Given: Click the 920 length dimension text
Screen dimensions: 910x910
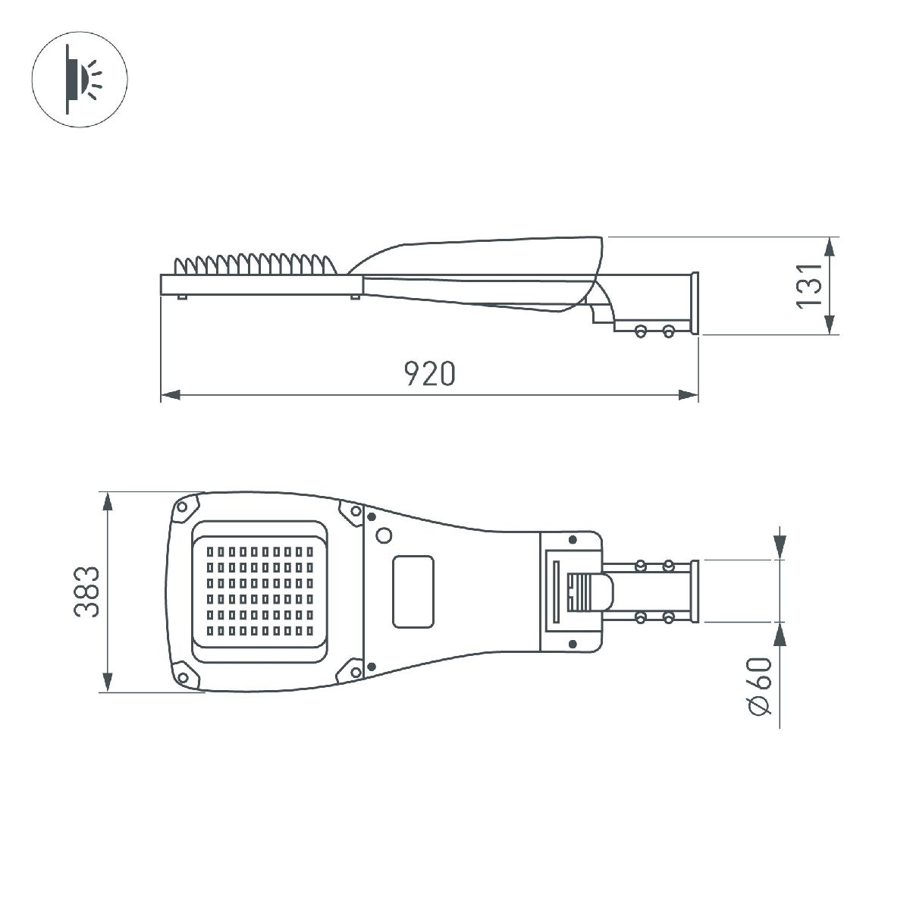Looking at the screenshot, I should point(430,373).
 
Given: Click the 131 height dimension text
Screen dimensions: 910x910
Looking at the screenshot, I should point(808,285).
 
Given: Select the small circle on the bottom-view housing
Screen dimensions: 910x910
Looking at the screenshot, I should point(384,535).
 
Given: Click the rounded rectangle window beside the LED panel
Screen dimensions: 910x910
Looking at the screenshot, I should point(413,591).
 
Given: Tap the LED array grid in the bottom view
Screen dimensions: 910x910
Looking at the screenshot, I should point(260,591).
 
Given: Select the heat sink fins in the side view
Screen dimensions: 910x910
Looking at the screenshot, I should point(254,265).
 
